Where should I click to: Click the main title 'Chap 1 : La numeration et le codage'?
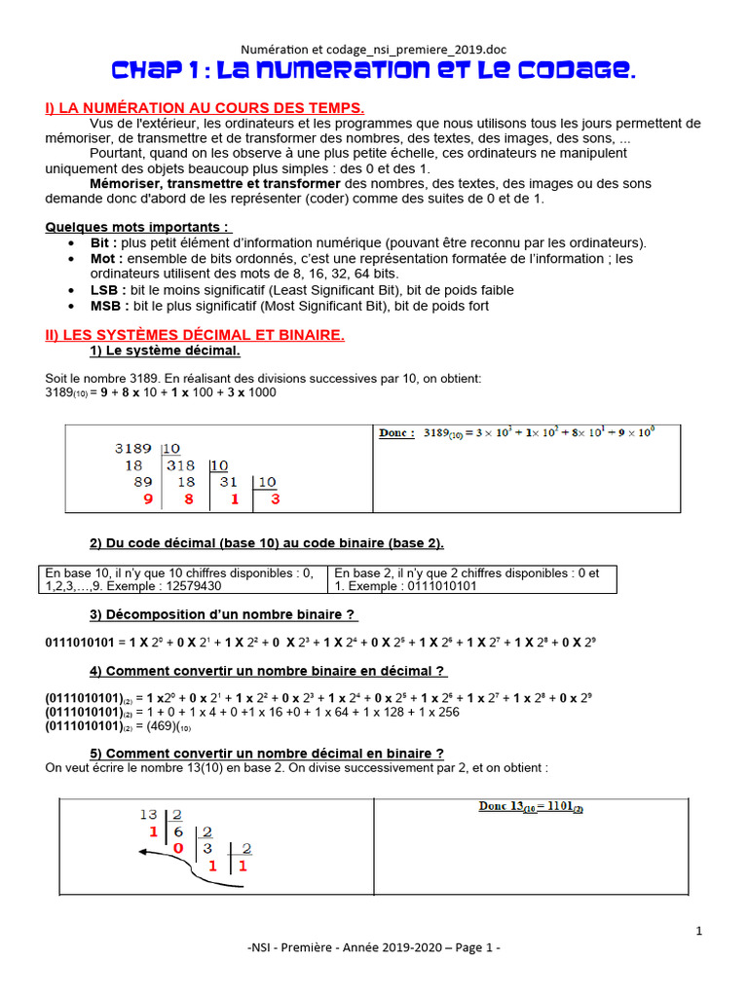click(374, 70)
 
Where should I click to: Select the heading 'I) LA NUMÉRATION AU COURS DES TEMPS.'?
click(206, 107)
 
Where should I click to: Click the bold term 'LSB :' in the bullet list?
click(107, 290)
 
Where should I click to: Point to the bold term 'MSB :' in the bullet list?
click(108, 306)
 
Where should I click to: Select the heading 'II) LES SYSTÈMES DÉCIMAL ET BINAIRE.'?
click(195, 335)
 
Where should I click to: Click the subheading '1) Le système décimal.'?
click(165, 351)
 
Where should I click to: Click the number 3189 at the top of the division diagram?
click(133, 449)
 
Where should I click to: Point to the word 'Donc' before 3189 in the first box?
click(396, 433)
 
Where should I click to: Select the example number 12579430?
click(187, 586)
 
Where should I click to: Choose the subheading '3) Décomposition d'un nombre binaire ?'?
click(223, 614)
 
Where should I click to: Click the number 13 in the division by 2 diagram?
click(148, 815)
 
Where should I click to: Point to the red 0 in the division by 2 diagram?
click(178, 848)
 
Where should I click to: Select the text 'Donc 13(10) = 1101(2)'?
click(530, 807)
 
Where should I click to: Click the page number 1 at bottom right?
click(699, 932)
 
